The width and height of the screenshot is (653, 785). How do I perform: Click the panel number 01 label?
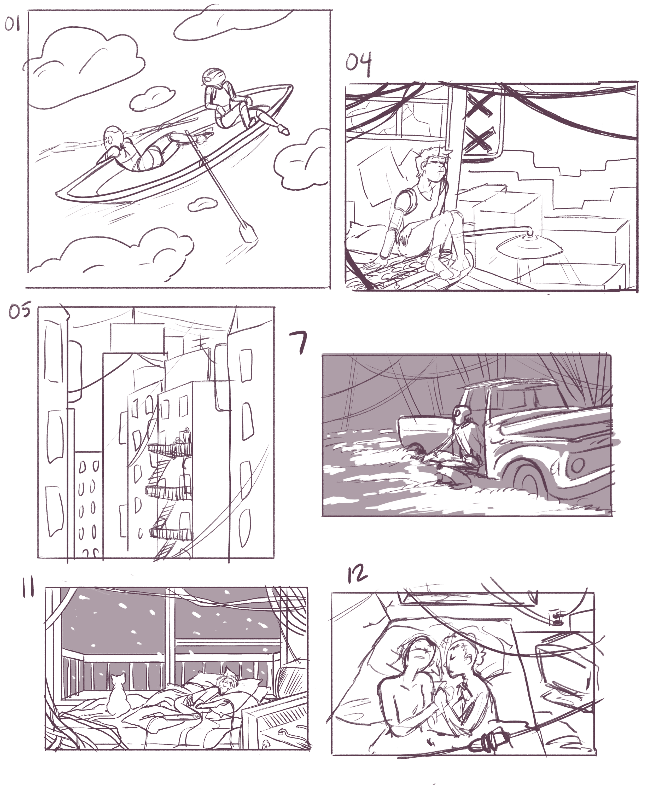(12, 25)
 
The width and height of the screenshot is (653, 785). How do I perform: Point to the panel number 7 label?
(299, 343)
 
